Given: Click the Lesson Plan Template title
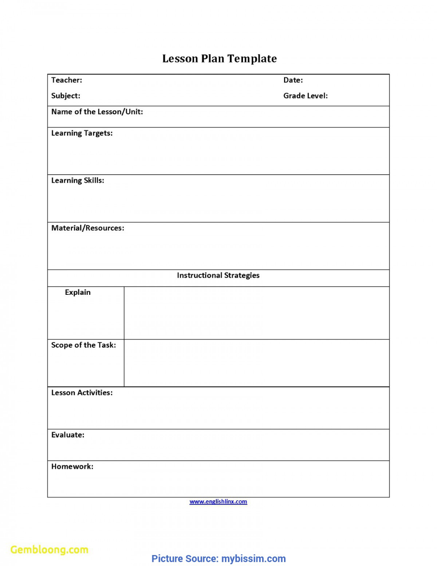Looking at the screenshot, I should click(x=219, y=59).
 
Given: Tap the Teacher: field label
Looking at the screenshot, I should click(x=66, y=80).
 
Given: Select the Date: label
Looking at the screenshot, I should click(x=293, y=80).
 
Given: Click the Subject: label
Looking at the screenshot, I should click(x=66, y=96).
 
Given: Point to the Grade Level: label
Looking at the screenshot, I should click(x=305, y=96).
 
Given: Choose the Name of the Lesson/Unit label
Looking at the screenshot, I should click(x=97, y=112).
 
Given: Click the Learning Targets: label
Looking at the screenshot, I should click(x=82, y=133).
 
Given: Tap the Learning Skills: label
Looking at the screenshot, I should click(x=77, y=181).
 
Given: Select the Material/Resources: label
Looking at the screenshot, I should click(x=87, y=228).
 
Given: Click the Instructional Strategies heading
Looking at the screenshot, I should click(x=218, y=276).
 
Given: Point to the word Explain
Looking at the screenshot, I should click(x=78, y=293).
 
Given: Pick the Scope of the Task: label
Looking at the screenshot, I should click(x=83, y=345).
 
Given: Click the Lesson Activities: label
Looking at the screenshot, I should click(x=82, y=393).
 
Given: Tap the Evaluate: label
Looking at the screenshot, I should click(x=68, y=435).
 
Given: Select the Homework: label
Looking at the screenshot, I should click(x=72, y=467).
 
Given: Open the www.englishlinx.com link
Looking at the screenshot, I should click(x=218, y=502).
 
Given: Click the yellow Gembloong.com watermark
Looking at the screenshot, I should click(x=49, y=550).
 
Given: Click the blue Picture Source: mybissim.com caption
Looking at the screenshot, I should click(x=218, y=559).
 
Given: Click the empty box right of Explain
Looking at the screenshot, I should click(x=257, y=313).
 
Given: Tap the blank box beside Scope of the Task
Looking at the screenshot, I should click(x=257, y=363).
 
